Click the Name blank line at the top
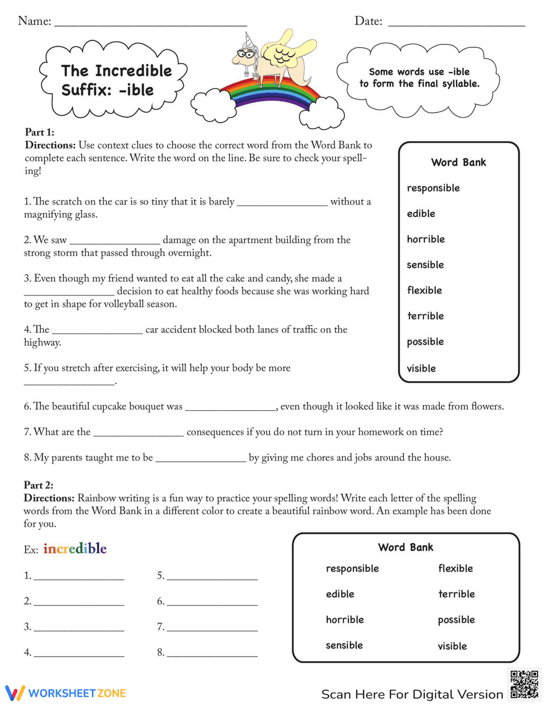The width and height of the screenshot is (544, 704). [x=151, y=24]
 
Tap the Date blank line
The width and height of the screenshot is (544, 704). [x=456, y=24]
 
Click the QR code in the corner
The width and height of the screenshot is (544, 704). [x=524, y=684]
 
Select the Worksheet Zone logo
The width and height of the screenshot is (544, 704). [x=66, y=693]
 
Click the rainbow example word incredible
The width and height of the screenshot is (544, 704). [x=75, y=548]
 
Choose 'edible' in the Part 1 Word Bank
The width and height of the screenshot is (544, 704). [x=421, y=213]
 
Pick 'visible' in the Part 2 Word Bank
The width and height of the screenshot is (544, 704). [x=452, y=646]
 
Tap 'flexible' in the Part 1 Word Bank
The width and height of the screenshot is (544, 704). [x=424, y=290]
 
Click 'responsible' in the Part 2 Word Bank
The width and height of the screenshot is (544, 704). [x=352, y=569]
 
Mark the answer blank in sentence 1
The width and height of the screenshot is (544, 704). [x=282, y=204]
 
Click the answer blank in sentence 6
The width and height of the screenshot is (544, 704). [x=231, y=409]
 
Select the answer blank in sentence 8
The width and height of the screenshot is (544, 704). [x=201, y=460]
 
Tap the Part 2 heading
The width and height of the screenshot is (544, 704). [x=39, y=485]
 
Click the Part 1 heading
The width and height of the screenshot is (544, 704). [x=40, y=132]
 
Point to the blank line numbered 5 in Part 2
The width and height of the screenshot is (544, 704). [x=212, y=578]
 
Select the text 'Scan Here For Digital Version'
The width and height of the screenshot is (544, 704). [x=412, y=694]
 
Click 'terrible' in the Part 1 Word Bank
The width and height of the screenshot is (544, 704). [x=425, y=316]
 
